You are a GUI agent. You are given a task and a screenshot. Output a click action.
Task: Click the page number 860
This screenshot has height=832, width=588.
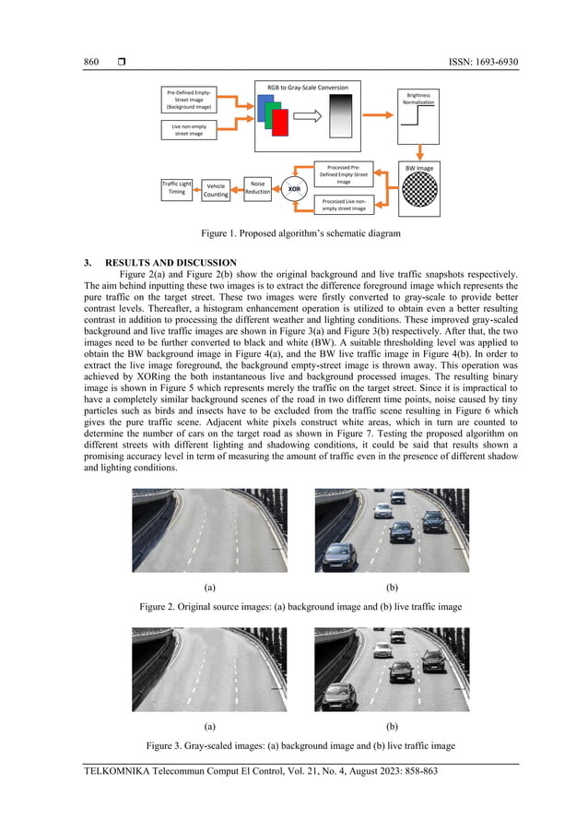pos(91,62)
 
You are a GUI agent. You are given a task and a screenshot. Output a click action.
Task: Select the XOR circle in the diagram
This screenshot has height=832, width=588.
pos(294,189)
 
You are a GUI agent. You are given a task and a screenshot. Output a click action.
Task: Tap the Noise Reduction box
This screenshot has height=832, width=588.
pos(258,188)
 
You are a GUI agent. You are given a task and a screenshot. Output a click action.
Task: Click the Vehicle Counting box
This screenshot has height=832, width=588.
pos(216,190)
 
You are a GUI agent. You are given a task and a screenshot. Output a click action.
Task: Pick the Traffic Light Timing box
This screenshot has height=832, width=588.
pos(177,187)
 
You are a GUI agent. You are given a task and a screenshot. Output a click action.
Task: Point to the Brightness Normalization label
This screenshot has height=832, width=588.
pos(418,98)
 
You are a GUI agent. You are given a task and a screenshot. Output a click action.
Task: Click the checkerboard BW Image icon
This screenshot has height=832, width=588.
pos(418,194)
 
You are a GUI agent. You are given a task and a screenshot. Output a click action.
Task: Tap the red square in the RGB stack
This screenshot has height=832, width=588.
pos(280,122)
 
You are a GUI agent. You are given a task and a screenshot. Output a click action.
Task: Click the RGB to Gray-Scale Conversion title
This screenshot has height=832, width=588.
pos(308,88)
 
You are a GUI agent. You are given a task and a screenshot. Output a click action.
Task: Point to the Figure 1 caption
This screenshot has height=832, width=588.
pos(293,234)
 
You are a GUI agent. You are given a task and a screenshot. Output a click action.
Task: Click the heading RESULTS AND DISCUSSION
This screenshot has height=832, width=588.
pos(171,263)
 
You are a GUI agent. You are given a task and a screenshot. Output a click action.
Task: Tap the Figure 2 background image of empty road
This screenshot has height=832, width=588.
pos(209,530)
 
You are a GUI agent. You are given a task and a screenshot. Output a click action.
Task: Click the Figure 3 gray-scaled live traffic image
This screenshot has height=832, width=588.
pos(392,669)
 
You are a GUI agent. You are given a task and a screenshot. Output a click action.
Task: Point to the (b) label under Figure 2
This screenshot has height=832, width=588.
pos(392,586)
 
